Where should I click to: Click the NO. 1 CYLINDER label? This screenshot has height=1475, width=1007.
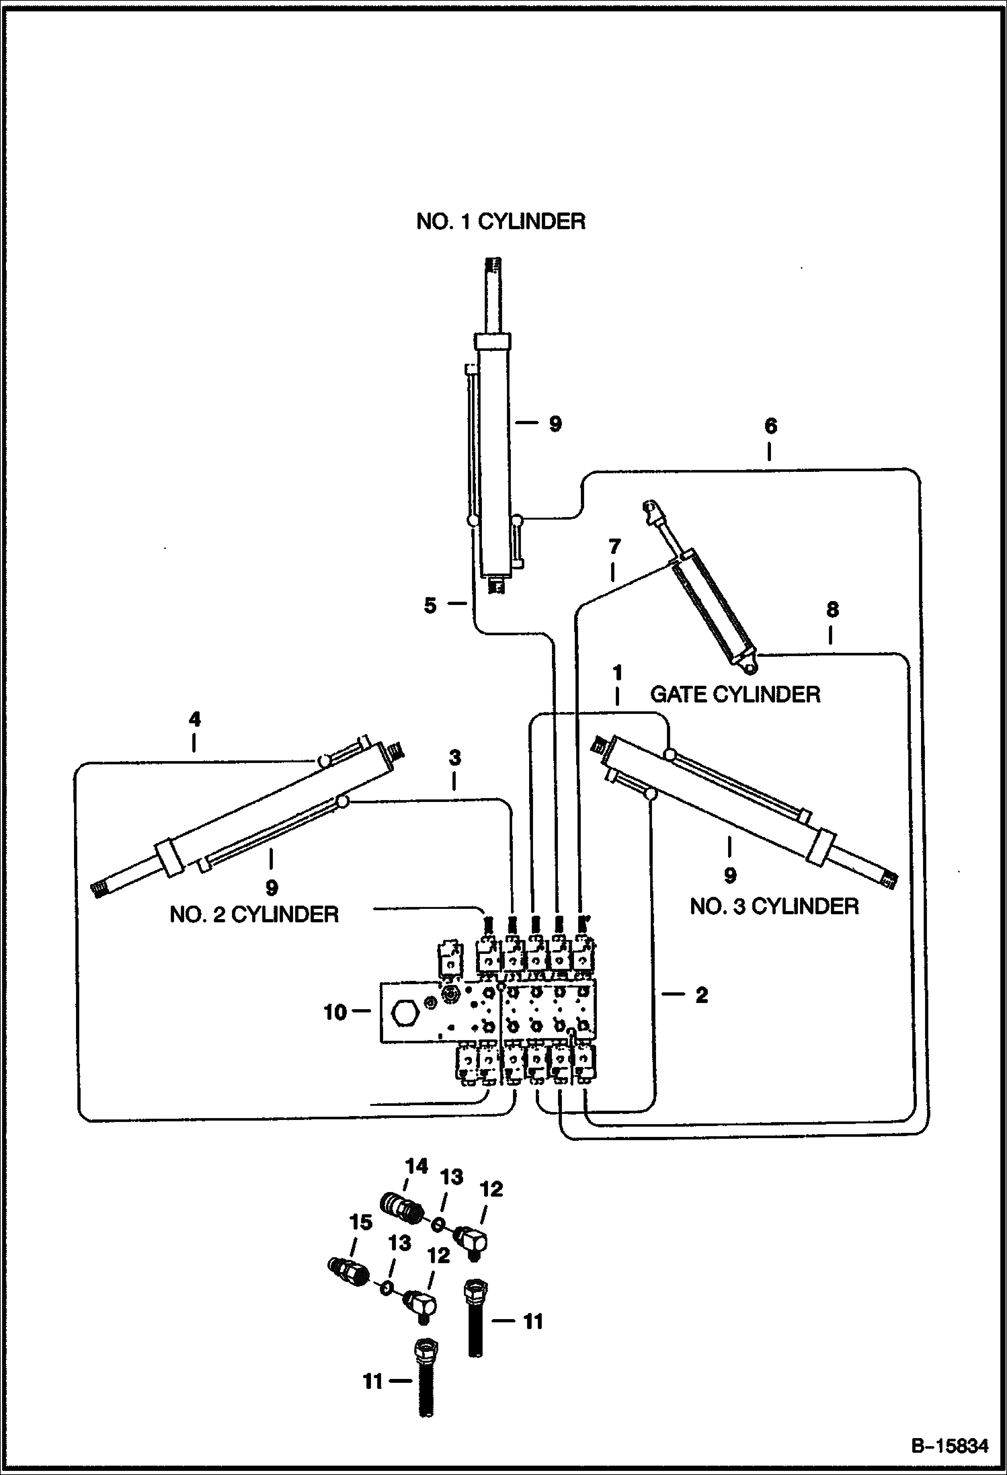(501, 222)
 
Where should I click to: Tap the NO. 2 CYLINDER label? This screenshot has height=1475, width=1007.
(254, 914)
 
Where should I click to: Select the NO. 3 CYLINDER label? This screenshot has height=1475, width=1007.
(774, 906)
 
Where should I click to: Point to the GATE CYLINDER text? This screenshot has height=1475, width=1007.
(735, 694)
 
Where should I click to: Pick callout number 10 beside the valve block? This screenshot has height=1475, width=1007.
(335, 1012)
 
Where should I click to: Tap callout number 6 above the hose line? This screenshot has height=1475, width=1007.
(770, 426)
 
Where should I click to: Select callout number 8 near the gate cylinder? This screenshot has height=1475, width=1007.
(832, 610)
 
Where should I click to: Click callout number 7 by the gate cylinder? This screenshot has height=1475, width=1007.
(614, 547)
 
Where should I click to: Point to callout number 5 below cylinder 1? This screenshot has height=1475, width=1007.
(430, 605)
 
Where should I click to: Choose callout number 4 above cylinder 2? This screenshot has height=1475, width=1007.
(194, 719)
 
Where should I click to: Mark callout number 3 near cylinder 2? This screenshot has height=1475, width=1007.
(455, 758)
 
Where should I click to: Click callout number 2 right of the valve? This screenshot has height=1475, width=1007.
(701, 996)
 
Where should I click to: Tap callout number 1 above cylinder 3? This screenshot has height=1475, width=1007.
(617, 673)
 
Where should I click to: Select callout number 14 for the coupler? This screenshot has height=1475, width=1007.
(417, 1166)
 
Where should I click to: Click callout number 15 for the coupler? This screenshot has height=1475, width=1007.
(361, 1222)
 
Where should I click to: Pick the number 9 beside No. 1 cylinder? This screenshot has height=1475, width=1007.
(555, 424)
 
